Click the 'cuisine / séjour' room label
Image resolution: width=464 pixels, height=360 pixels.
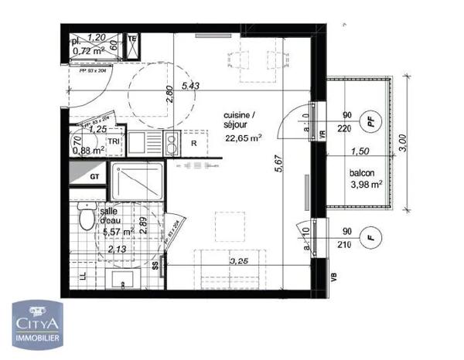[x=244, y=121]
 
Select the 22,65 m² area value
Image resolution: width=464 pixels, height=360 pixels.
[x=244, y=139]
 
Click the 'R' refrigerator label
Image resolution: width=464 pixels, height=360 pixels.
[x=194, y=144]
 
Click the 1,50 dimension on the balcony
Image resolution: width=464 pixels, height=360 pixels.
[x=358, y=152]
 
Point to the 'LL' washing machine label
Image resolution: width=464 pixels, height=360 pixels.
[x=83, y=277]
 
